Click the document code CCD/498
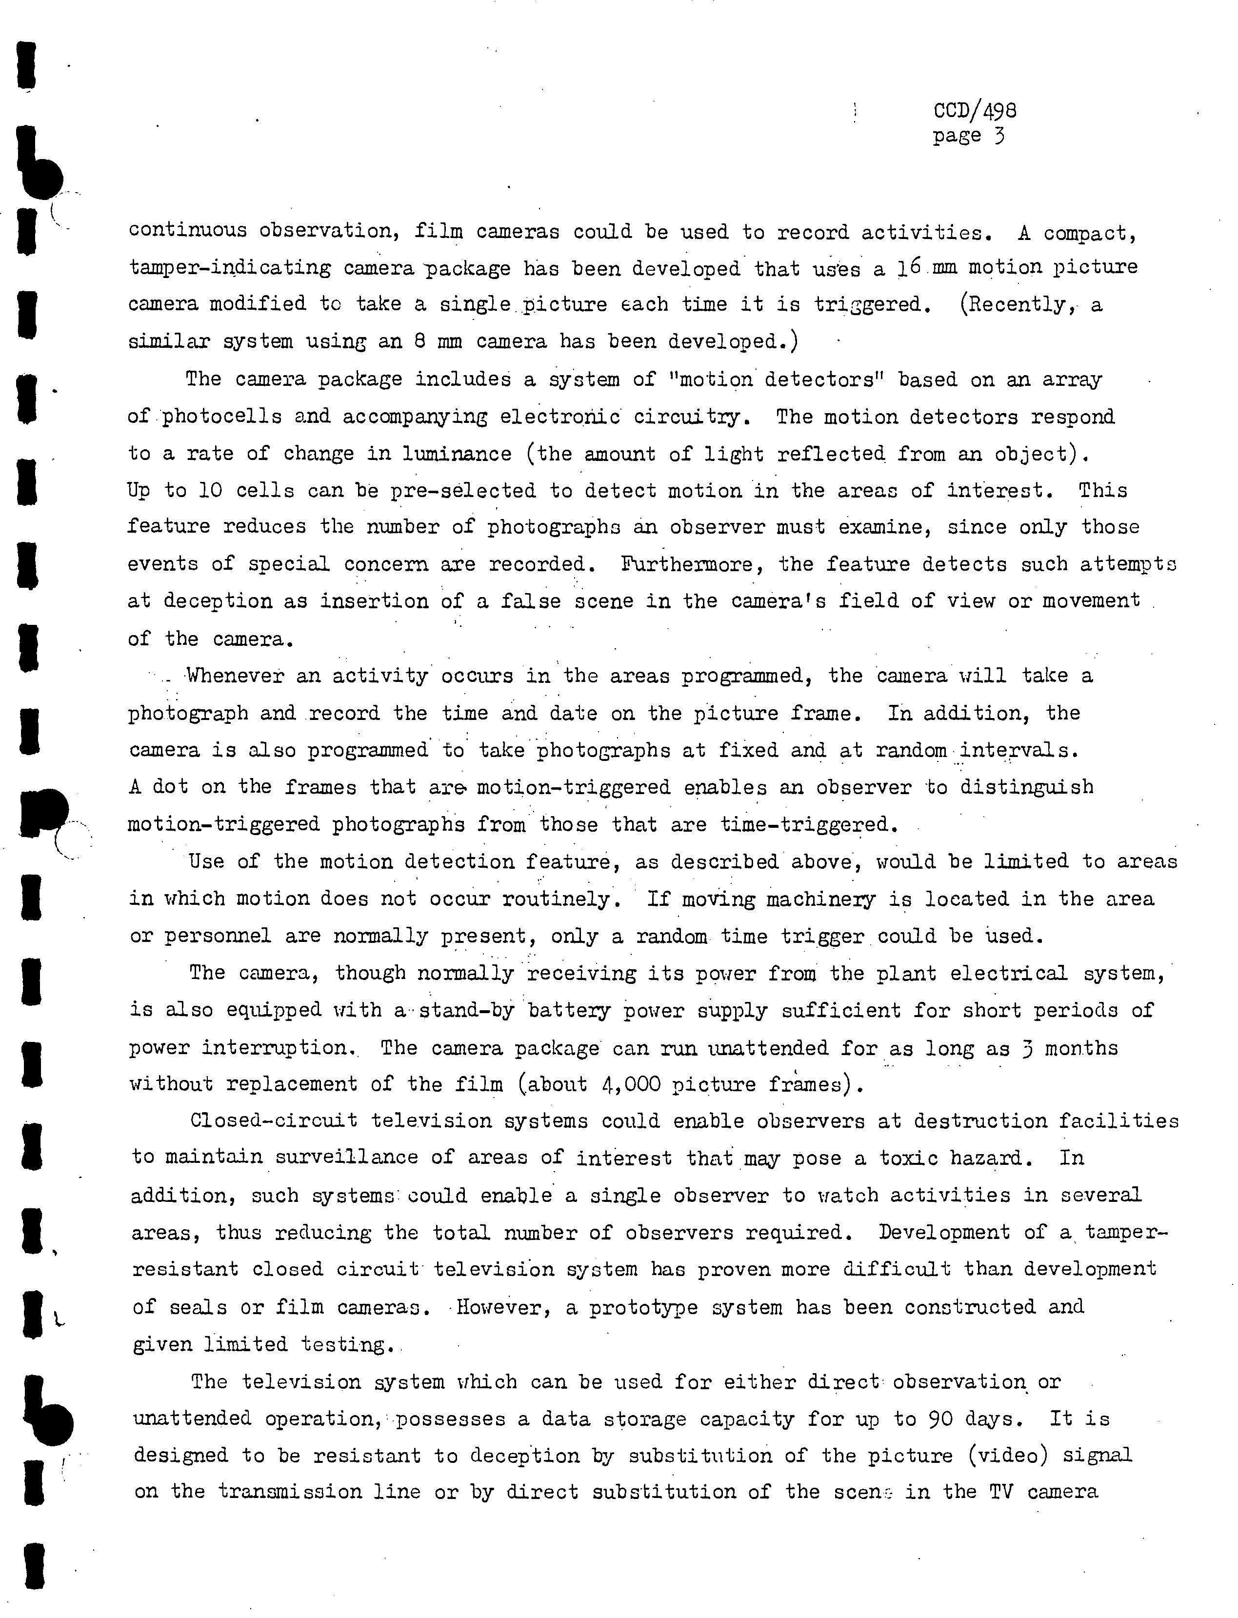click(x=974, y=111)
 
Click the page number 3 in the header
click(x=998, y=136)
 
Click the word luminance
click(x=457, y=454)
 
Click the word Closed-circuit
click(x=274, y=1121)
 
